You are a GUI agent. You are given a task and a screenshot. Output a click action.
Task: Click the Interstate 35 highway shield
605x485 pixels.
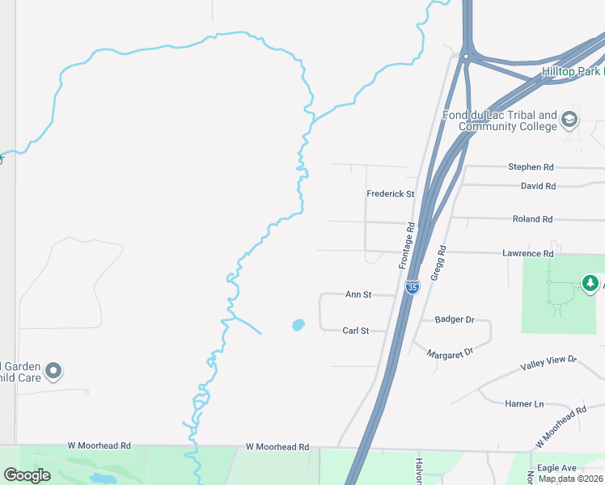tap(412, 287)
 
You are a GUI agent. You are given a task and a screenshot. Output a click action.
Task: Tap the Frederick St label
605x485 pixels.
tap(390, 194)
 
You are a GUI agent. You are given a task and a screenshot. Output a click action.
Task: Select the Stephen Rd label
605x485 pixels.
tap(531, 167)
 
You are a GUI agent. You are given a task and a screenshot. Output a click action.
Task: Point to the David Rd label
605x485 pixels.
tap(538, 186)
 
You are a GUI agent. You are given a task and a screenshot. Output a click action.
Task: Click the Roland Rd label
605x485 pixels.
tap(532, 219)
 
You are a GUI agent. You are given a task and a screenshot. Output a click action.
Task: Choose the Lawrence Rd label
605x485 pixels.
tap(527, 254)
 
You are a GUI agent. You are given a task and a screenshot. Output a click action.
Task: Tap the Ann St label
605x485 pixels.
tap(358, 295)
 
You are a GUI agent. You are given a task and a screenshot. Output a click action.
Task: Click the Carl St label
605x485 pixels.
tap(355, 331)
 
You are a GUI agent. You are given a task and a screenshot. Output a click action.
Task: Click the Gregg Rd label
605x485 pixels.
tap(438, 263)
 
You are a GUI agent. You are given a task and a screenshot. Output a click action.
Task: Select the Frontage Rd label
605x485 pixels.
tap(406, 247)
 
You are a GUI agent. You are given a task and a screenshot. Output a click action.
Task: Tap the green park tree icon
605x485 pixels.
tap(590, 284)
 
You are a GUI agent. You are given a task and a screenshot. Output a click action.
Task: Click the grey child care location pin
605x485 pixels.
tap(54, 371)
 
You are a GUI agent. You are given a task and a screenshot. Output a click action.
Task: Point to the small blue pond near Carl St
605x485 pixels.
tap(298, 325)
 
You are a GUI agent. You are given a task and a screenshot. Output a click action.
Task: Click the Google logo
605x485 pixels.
tap(27, 476)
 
